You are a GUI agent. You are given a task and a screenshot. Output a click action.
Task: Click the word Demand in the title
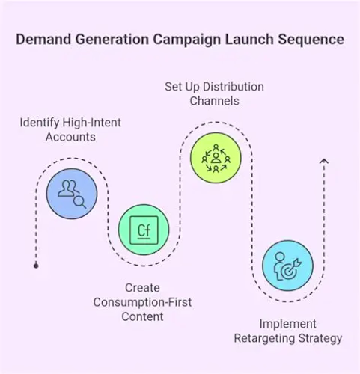pos(43,40)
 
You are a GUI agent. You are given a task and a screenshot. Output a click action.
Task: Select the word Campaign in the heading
pos(186,40)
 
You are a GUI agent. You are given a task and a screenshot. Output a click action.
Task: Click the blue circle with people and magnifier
pos(72,194)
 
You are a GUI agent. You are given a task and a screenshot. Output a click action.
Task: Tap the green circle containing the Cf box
pos(144,230)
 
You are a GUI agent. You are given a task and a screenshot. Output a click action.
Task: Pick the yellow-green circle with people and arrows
pos(216,158)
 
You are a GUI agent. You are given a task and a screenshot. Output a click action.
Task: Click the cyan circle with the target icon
pos(287,266)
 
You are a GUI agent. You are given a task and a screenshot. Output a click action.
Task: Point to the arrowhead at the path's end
pos(324,161)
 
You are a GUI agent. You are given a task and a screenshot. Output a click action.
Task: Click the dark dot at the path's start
pos(36,266)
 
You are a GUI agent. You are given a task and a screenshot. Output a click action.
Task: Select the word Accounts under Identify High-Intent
pos(70,137)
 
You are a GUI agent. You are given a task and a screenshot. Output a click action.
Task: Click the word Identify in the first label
pos(40,123)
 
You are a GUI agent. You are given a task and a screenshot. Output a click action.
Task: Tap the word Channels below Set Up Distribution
pos(215,101)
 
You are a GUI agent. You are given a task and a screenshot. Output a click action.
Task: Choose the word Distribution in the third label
pos(234,87)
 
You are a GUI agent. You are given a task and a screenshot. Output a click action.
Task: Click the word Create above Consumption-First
pos(142,288)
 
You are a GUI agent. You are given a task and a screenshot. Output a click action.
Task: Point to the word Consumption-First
pos(142,302)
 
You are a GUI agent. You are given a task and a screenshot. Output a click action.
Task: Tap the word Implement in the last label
pos(288,324)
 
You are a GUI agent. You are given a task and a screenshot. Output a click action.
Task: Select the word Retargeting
pos(264,339)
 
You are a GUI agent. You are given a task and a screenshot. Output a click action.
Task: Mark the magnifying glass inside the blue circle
pos(80,202)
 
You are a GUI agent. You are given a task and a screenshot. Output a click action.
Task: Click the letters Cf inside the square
pos(144,230)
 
